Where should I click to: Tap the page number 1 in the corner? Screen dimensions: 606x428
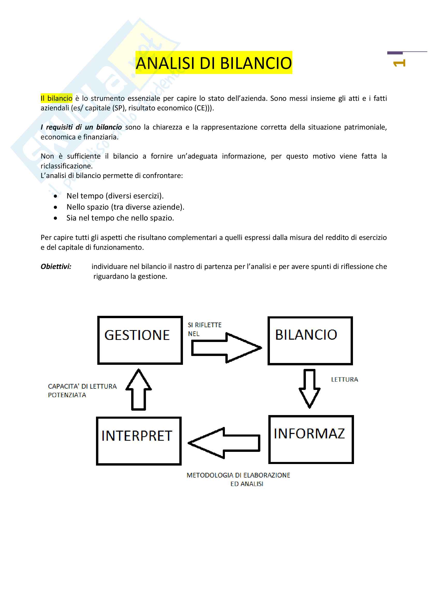399,63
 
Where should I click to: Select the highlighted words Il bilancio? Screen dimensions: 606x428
56,98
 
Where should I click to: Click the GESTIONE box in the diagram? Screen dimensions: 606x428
140,340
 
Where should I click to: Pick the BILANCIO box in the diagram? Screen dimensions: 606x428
310,341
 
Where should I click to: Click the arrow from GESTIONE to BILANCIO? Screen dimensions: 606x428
226,348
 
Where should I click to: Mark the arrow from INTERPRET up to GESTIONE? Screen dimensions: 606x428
139,390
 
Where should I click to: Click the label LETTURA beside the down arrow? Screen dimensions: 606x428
344,380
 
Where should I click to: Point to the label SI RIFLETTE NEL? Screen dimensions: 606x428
204,329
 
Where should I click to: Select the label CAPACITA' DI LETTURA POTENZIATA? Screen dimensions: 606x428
82,391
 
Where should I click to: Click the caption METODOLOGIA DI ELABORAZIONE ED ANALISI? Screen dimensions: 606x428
238,479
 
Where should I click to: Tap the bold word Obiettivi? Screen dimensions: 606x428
56,267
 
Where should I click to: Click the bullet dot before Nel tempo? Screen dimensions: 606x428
55,196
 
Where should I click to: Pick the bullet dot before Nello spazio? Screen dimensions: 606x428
55,208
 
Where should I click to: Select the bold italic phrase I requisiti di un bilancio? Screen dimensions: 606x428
81,127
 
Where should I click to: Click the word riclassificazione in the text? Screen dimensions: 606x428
66,166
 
